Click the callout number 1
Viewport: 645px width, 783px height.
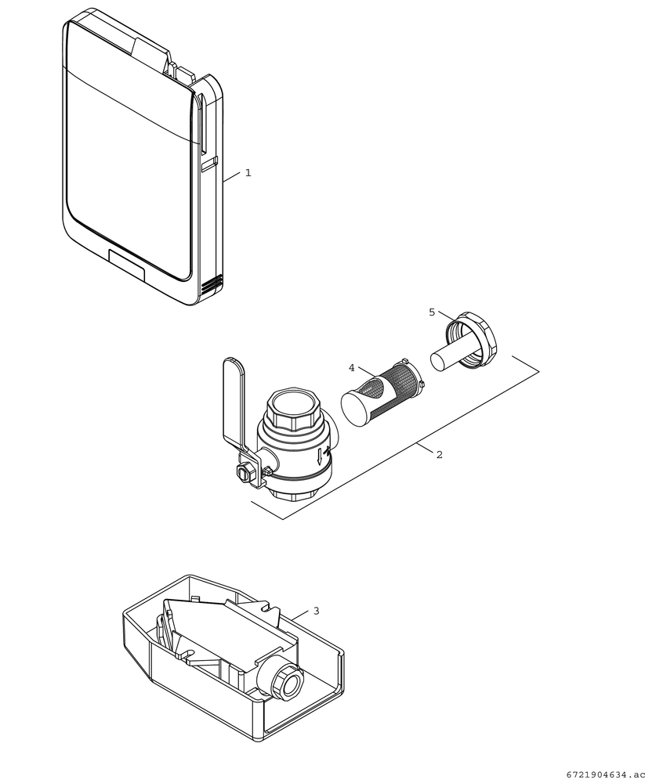click(x=248, y=173)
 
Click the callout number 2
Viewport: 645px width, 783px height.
click(x=439, y=454)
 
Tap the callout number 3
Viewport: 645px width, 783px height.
click(x=316, y=611)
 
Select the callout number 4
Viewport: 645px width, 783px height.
click(x=352, y=368)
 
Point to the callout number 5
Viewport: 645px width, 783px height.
click(x=432, y=312)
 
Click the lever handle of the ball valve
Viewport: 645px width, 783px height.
click(x=235, y=399)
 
